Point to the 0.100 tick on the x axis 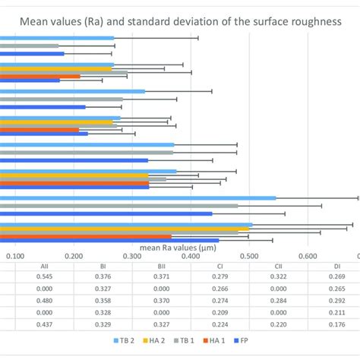14,257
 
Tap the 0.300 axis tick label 131,257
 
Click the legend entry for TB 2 125,343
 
